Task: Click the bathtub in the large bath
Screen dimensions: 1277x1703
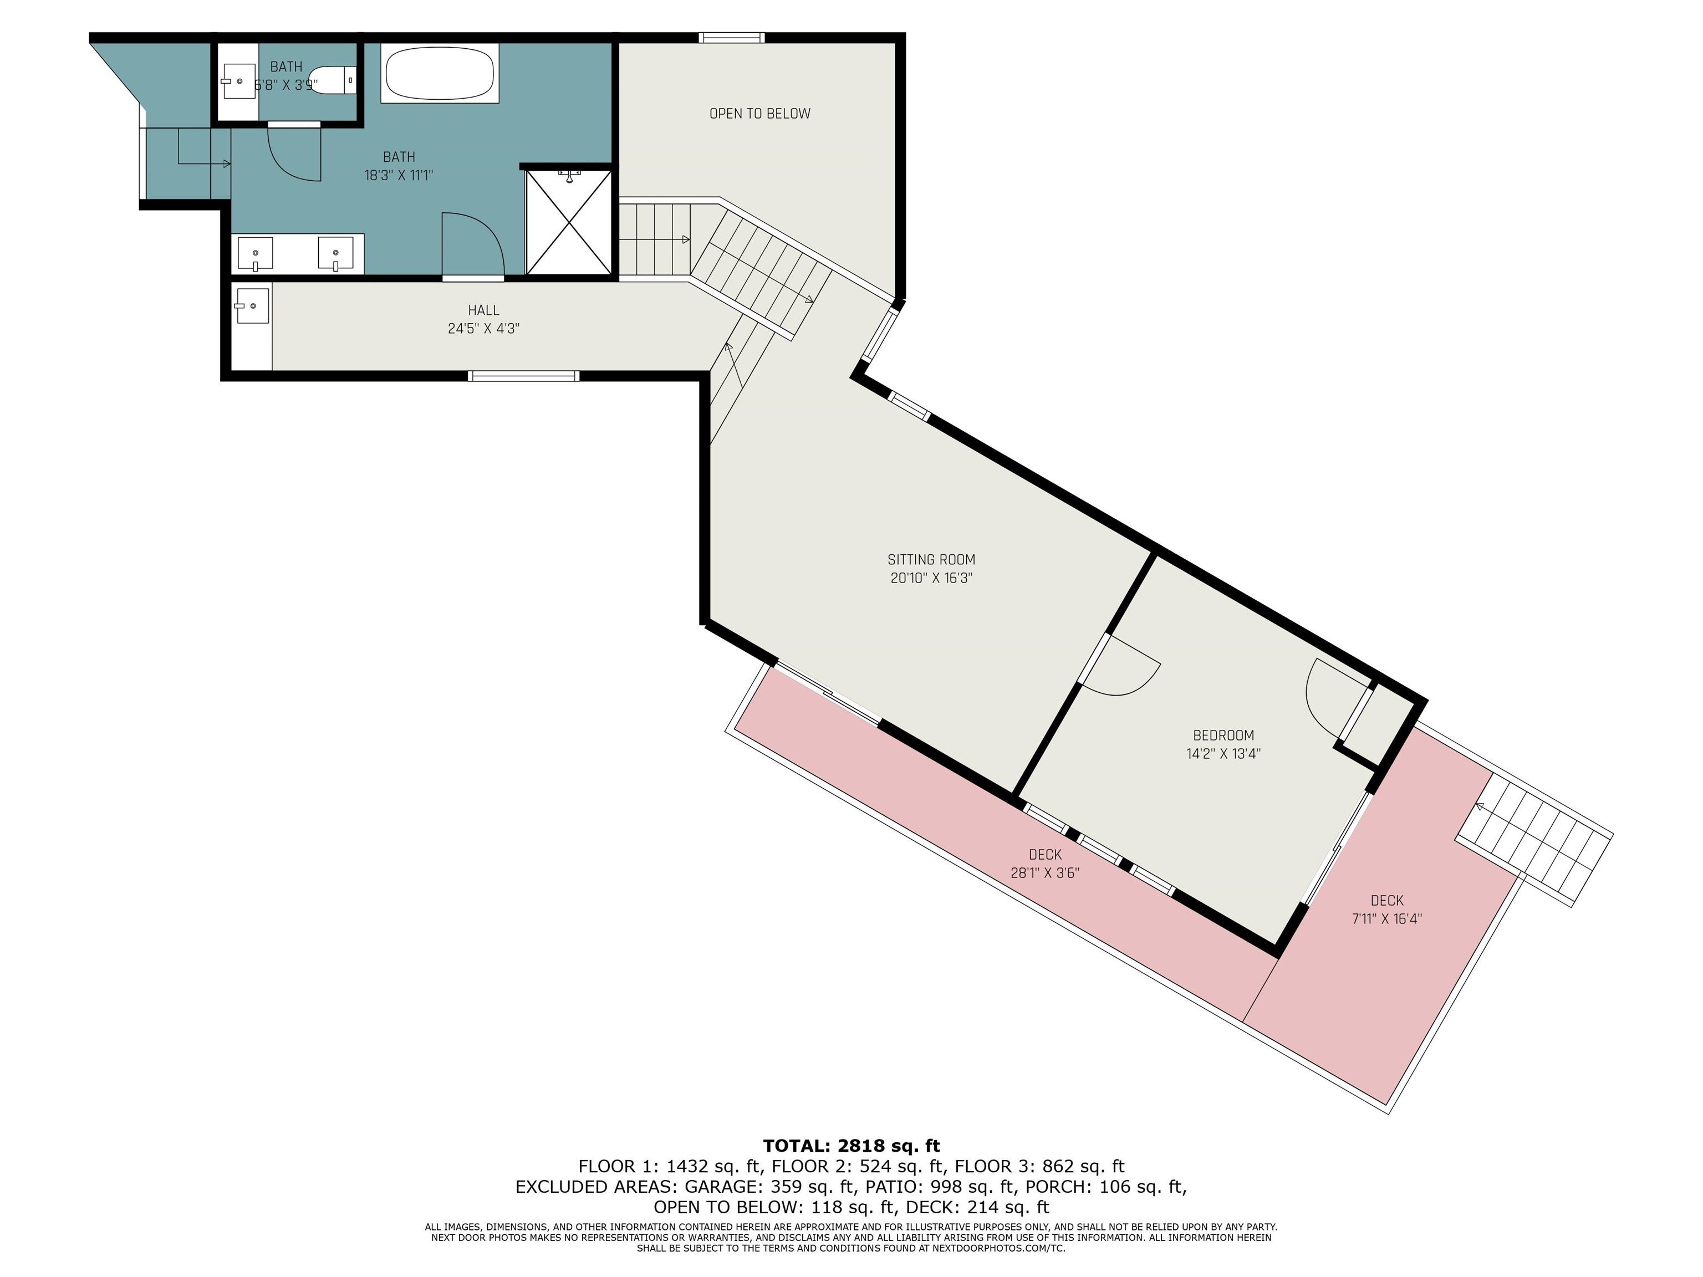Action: [440, 73]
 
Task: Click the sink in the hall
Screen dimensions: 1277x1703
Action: [252, 307]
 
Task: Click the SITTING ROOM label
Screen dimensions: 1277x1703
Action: [931, 560]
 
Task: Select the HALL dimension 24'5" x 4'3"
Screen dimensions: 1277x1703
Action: [483, 329]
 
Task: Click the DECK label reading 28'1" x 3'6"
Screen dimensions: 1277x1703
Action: [1045, 864]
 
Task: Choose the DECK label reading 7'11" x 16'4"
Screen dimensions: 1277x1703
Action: [1386, 909]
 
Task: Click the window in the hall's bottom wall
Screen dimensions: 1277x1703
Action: [523, 376]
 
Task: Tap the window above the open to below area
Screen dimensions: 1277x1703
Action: [731, 37]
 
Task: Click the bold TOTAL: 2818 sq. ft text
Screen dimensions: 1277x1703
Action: [851, 1146]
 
